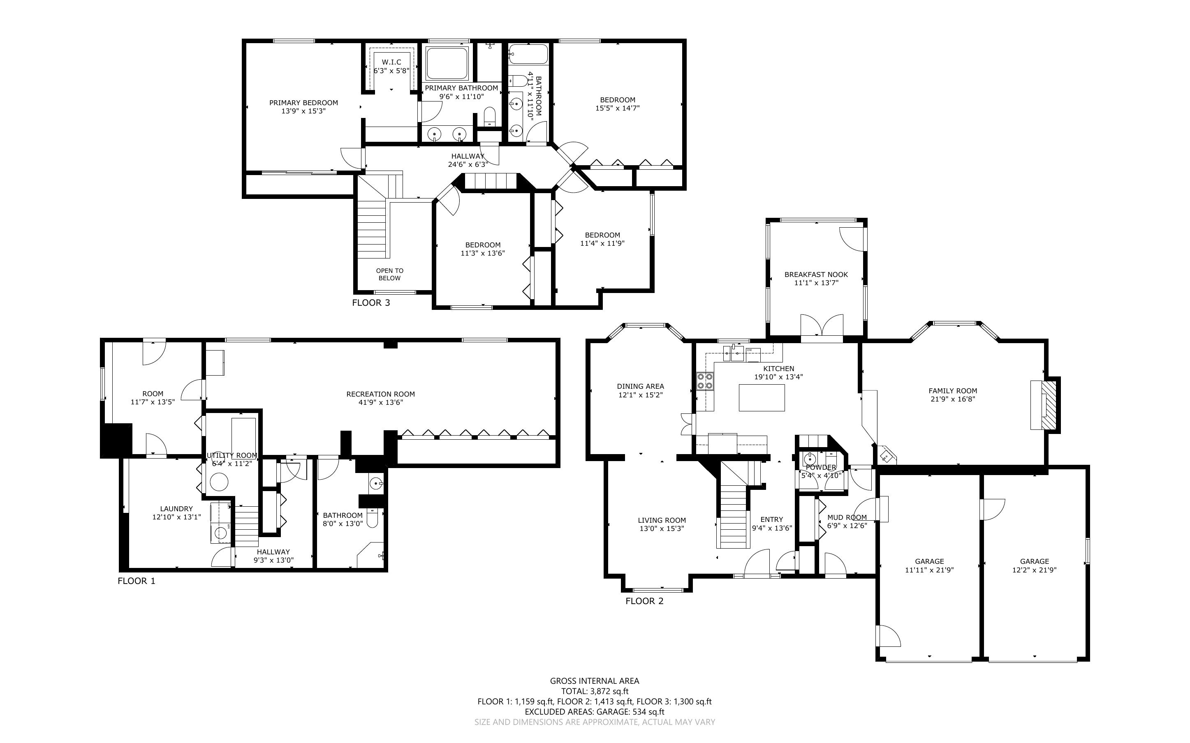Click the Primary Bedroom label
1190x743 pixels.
pyautogui.click(x=303, y=103)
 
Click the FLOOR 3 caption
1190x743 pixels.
pyautogui.click(x=371, y=303)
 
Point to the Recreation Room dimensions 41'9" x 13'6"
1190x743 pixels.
pyautogui.click(x=380, y=402)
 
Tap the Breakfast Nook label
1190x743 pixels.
pyautogui.click(x=816, y=275)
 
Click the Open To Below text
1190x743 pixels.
pyautogui.click(x=390, y=274)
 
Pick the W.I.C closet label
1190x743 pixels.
pyautogui.click(x=391, y=62)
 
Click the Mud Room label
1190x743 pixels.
pyautogui.click(x=847, y=517)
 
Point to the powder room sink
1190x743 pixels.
pyautogui.click(x=810, y=459)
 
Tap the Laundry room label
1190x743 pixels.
pyautogui.click(x=176, y=509)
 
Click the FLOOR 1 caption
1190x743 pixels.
pyautogui.click(x=137, y=581)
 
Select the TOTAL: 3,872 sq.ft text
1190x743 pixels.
pyautogui.click(x=595, y=691)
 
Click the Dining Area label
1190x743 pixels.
pyautogui.click(x=641, y=386)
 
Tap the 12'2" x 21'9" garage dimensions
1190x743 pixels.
pyautogui.click(x=1035, y=570)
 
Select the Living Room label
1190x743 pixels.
pyautogui.click(x=662, y=520)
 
